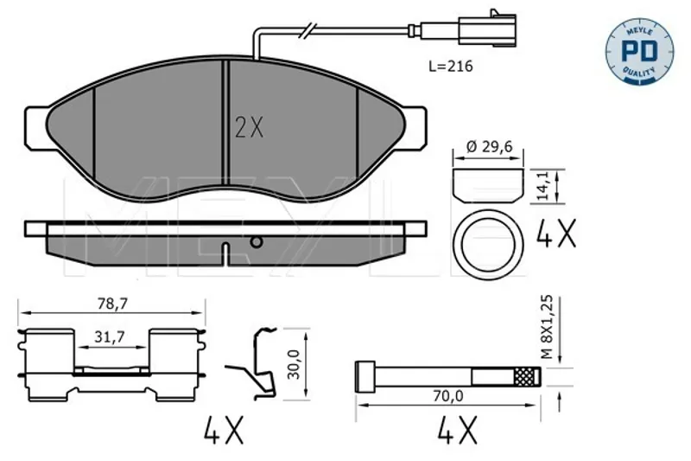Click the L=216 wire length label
450,67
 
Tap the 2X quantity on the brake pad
249,128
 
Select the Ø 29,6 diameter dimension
489,146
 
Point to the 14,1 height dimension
544,186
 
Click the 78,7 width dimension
112,304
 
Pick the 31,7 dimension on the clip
110,337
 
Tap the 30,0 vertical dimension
293,364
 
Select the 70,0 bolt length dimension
447,396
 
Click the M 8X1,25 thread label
547,327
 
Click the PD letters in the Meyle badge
639,51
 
